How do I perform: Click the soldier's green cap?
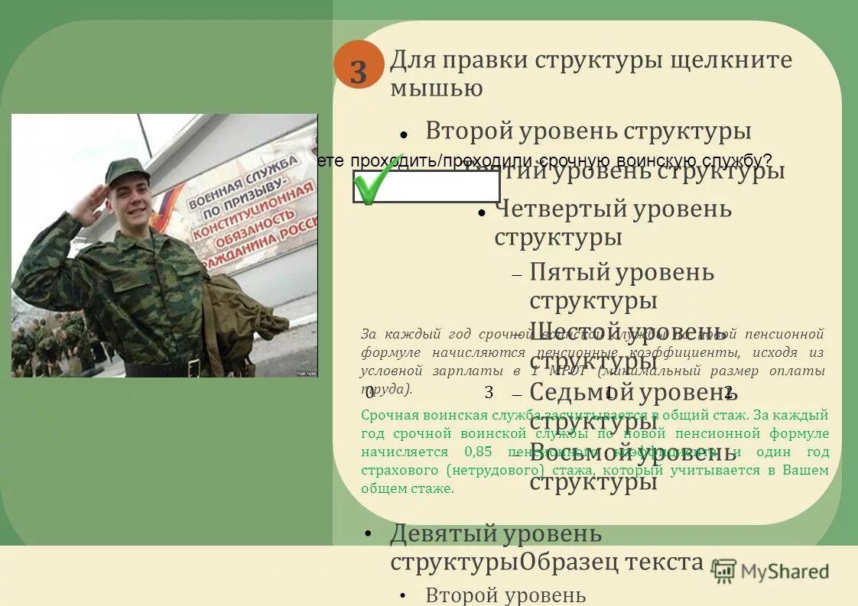point(126,170)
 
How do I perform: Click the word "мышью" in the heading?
point(436,89)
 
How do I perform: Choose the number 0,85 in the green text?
point(478,452)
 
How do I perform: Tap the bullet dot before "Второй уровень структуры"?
point(403,133)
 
